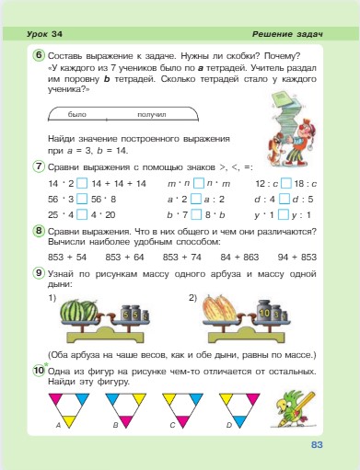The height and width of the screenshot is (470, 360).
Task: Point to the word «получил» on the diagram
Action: (150, 115)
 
